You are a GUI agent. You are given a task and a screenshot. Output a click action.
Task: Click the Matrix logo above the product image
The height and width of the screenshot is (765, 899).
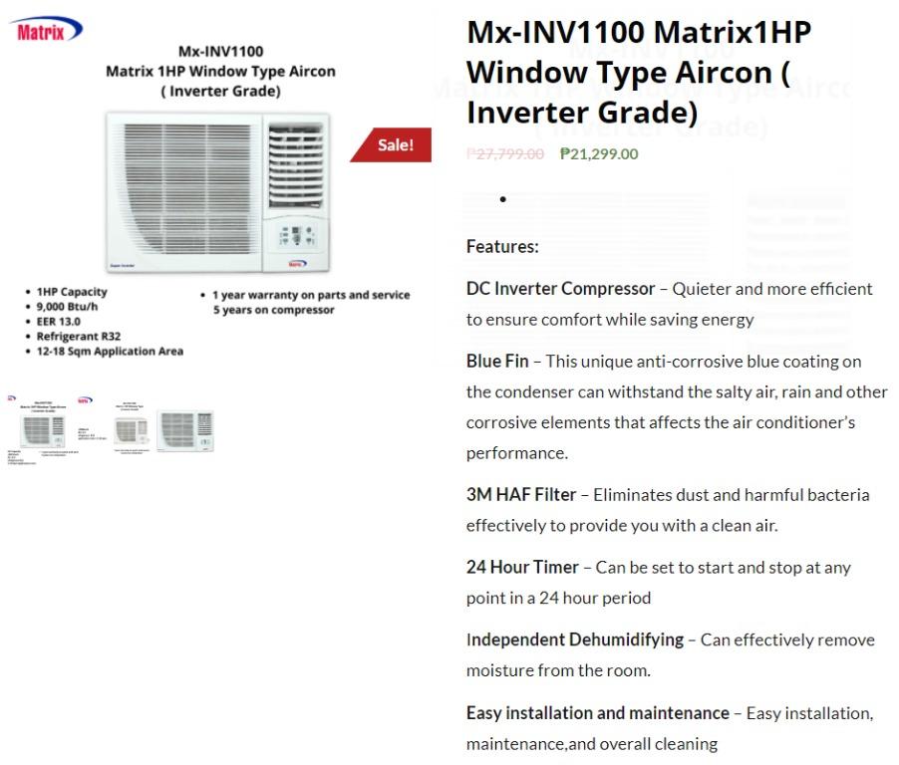tap(48, 31)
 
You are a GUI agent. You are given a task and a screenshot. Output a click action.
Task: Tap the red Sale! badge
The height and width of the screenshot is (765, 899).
tap(395, 145)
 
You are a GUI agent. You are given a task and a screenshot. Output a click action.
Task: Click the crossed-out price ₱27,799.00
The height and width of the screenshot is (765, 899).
tap(505, 153)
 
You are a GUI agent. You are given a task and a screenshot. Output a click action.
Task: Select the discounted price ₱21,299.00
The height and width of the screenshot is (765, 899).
tap(599, 153)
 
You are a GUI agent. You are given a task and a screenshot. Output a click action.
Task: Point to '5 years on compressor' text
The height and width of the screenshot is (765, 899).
tap(273, 310)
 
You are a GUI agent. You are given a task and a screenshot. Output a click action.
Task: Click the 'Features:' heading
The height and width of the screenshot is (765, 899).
tap(502, 246)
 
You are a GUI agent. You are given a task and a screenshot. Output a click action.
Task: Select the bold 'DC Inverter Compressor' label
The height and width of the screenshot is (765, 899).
tap(560, 289)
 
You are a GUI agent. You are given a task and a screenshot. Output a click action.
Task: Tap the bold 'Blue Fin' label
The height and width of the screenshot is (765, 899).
tap(497, 362)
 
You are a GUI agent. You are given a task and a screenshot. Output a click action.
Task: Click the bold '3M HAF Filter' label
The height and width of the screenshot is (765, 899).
tap(521, 495)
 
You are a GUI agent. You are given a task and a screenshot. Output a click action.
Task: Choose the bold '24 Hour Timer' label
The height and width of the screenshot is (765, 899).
tap(522, 568)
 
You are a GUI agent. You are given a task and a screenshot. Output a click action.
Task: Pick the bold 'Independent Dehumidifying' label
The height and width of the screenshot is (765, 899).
tap(575, 639)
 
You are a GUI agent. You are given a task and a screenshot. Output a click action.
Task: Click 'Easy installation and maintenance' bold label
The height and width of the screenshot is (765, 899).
tap(598, 713)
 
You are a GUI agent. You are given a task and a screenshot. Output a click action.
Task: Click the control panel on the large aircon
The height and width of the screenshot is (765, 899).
tap(296, 237)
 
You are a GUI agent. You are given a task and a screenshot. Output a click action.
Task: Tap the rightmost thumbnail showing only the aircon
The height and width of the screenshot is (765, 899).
tap(185, 430)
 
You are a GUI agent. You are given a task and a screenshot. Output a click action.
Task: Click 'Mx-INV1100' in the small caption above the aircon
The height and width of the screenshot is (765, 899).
tap(220, 52)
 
